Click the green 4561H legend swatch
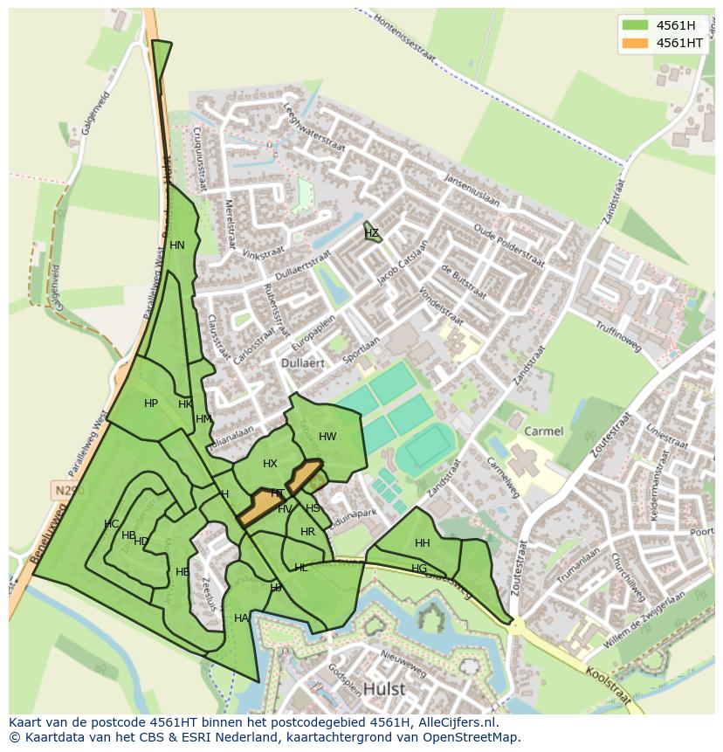click(636, 25)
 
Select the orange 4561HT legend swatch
click(636, 43)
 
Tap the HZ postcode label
click(372, 233)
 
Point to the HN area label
click(177, 245)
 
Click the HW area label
click(327, 437)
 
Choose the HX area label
click(270, 464)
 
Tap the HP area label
click(151, 404)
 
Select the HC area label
click(111, 524)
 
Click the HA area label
click(241, 618)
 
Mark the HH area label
click(423, 543)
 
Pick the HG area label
click(419, 569)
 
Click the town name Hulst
click(384, 688)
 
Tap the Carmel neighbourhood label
click(543, 431)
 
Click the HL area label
click(300, 568)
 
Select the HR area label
click(307, 532)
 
